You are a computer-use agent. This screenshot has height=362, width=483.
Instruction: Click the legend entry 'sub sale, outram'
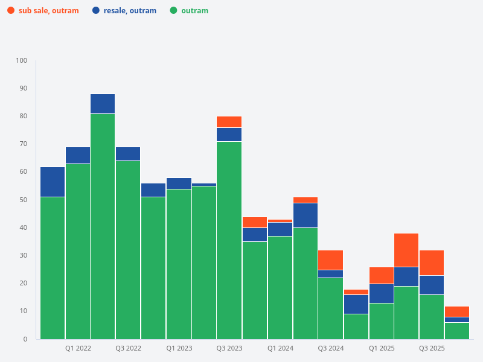point(48,11)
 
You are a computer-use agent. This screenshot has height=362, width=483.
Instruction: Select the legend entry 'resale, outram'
point(129,11)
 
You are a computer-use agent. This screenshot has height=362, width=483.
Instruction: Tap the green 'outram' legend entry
point(194,11)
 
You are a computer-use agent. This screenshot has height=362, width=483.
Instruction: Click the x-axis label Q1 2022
point(78,349)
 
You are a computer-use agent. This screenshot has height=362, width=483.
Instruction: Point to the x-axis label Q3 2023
point(229,349)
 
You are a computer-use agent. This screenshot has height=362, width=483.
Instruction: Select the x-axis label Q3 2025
point(432,349)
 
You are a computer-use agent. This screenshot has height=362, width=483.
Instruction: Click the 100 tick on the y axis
point(22,61)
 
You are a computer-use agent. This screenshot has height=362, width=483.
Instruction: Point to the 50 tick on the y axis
point(24,200)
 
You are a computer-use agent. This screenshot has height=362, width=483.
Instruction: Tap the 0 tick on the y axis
point(25,339)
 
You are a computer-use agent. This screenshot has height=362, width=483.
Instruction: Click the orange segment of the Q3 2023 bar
point(229,122)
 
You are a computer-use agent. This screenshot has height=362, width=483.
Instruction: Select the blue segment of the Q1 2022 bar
point(78,155)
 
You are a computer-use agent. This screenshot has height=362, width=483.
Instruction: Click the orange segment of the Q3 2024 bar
point(330,260)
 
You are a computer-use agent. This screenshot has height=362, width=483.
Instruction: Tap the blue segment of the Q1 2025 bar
point(381,293)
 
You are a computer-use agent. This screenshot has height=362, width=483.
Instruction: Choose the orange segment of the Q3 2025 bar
point(432,262)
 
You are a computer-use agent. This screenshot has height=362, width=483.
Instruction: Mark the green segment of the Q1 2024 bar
point(280,287)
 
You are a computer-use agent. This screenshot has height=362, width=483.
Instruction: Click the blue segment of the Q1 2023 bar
point(179,183)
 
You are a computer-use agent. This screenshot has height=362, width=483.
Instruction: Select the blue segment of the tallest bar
point(103,104)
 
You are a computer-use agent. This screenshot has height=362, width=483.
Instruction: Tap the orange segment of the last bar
point(457,311)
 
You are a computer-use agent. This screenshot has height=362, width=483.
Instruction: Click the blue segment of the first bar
point(53,182)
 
